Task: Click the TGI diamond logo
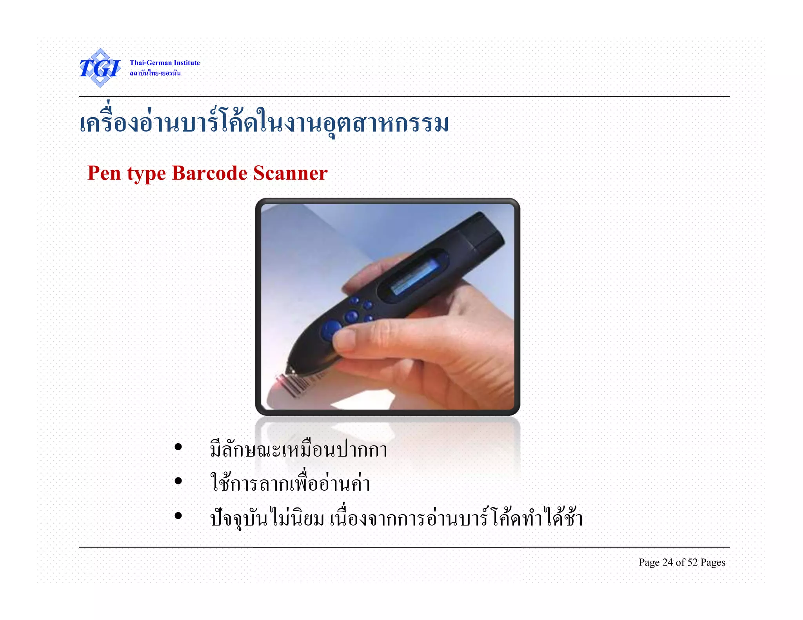100,68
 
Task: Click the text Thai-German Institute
165,63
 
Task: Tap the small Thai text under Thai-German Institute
155,73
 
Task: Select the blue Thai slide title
264,123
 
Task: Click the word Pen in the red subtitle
104,173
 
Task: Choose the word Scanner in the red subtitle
290,173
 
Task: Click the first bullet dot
178,447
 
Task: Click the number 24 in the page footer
667,562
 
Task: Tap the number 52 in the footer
692,562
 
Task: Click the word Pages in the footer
713,563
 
